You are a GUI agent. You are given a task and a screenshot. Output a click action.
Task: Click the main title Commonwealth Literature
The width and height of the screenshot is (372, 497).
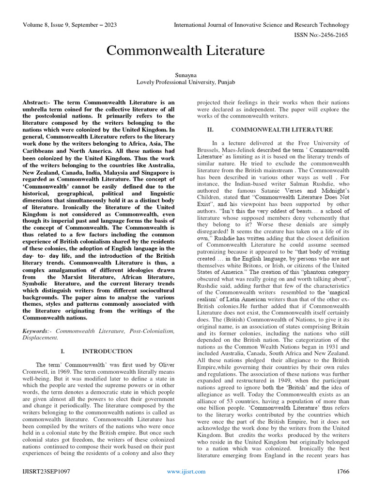click(186, 50)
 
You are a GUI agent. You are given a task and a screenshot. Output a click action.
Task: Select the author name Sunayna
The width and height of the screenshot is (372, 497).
click(186, 75)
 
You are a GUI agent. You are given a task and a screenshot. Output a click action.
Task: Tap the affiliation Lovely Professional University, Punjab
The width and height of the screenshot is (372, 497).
click(186, 83)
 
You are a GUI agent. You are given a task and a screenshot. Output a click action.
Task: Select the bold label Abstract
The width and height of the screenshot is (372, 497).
click(36, 103)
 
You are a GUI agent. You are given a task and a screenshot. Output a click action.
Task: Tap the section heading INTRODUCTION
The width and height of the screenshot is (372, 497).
click(107, 351)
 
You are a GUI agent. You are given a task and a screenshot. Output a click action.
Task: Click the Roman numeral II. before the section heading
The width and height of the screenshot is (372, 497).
click(210, 130)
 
